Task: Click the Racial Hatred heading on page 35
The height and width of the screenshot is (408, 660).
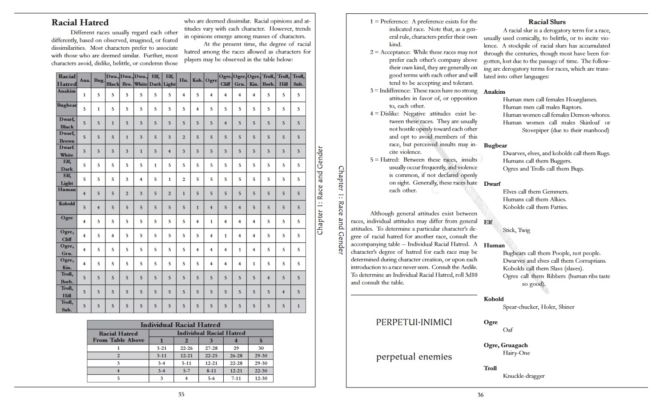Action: coord(80,23)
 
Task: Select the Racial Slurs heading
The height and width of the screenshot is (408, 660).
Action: coord(547,22)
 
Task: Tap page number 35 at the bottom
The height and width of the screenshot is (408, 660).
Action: coord(181,394)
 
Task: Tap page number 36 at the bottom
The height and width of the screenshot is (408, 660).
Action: coord(480,395)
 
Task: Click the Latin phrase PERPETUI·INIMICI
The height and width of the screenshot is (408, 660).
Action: coord(414,322)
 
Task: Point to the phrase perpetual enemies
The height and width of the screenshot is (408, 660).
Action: coord(414,357)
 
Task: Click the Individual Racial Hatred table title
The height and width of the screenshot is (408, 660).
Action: coord(180,325)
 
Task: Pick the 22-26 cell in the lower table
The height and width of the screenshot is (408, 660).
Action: coord(186,348)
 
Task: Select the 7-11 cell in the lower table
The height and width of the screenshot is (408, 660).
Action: coord(236,378)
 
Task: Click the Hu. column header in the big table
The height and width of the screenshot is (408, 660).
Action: coord(183,80)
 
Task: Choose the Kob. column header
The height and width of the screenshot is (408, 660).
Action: coord(197,80)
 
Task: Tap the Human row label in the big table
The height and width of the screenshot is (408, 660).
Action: coord(67,190)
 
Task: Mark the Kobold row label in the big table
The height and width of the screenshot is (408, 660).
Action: coord(67,204)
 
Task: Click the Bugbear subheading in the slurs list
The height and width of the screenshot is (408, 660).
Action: coord(495,146)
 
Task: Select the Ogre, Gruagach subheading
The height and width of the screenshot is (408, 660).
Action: coord(506,345)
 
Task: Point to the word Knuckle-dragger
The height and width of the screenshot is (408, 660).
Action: coord(523,376)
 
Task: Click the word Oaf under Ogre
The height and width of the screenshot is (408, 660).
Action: coord(507,330)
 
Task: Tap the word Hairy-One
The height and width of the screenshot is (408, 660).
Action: coord(516,353)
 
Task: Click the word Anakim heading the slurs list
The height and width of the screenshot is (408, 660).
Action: coord(494,92)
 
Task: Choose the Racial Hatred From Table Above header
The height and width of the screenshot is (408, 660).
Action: coord(118,337)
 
